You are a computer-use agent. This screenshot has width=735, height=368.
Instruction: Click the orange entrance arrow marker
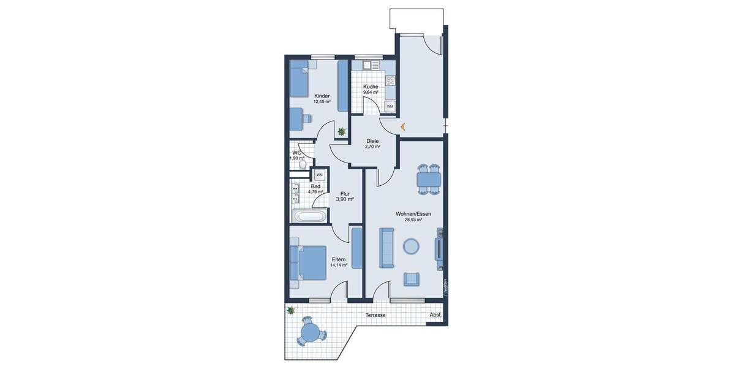pos(403,127)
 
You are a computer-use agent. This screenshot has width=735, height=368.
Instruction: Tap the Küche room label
pos(371,87)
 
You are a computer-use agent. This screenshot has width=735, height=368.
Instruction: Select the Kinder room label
pos(322,96)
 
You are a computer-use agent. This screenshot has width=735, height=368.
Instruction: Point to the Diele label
pos(372,141)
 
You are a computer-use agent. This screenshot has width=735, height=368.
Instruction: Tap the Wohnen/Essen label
pos(413,213)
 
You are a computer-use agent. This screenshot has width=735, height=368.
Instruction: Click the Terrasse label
pos(375,315)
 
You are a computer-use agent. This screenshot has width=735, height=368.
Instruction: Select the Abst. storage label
pos(435,315)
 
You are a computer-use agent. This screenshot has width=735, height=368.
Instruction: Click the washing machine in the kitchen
pos(390,107)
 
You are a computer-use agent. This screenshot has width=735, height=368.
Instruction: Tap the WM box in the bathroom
pos(320,175)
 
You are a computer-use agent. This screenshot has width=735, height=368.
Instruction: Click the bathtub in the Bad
pos(310,216)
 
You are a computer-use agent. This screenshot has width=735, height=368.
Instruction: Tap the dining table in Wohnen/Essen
pos(428,179)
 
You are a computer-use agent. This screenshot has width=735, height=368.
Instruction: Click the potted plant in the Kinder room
pos(341,131)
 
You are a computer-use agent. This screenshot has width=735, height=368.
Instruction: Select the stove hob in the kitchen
pos(390,80)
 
